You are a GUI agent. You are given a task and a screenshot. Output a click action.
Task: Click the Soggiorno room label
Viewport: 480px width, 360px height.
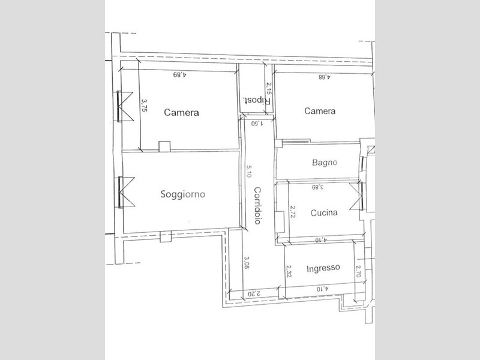pyautogui.click(x=183, y=194)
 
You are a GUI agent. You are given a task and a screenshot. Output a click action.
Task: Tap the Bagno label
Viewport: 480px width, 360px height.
pyautogui.click(x=325, y=162)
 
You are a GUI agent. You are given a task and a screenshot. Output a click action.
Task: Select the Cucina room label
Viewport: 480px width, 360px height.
pyautogui.click(x=324, y=212)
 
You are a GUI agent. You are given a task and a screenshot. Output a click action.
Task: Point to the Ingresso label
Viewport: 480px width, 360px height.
pyautogui.click(x=323, y=268)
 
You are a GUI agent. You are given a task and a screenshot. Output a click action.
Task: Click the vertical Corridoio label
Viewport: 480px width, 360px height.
pyautogui.click(x=258, y=205)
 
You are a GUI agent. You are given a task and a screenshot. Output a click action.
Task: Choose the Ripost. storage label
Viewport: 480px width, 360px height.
pyautogui.click(x=257, y=100)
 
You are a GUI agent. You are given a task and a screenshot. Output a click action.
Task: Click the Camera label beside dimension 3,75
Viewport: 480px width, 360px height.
pyautogui.click(x=182, y=112)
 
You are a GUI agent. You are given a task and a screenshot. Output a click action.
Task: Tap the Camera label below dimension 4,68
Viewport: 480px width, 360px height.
pyautogui.click(x=320, y=111)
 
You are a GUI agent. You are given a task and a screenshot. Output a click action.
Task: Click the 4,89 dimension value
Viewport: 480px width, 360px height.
pyautogui.click(x=179, y=74)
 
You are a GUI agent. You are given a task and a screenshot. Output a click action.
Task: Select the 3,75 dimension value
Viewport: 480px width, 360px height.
pyautogui.click(x=144, y=104)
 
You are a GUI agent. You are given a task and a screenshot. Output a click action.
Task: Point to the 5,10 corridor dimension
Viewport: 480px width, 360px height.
pyautogui.click(x=249, y=172)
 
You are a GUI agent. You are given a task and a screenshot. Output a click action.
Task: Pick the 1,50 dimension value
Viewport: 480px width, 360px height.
pyautogui.click(x=257, y=124)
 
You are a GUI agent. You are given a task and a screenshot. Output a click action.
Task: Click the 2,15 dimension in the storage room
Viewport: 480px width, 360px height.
pyautogui.click(x=268, y=88)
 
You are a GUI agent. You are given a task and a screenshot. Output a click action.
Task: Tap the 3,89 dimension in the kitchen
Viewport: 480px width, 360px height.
pyautogui.click(x=317, y=187)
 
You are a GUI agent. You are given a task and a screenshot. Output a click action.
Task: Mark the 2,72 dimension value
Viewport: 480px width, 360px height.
pyautogui.click(x=292, y=212)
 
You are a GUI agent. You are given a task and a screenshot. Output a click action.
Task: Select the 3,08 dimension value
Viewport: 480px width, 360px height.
pyautogui.click(x=247, y=263)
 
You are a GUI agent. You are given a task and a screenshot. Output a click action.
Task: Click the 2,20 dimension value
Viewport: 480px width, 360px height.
pyautogui.click(x=254, y=293)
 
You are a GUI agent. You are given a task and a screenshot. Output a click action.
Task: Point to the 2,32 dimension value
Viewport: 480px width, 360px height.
pyautogui.click(x=289, y=271)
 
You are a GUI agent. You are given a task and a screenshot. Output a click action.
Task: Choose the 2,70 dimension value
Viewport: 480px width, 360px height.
pyautogui.click(x=358, y=271)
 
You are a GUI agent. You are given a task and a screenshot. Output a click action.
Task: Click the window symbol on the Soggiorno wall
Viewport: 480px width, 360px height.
pyautogui.click(x=127, y=193)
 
